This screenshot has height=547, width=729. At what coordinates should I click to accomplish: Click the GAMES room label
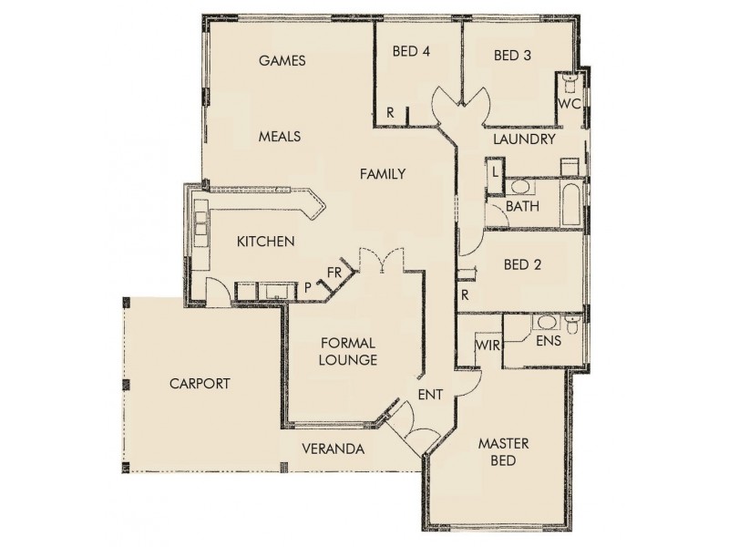pyautogui.click(x=282, y=61)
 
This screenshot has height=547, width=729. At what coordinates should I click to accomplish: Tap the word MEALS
pyautogui.click(x=279, y=136)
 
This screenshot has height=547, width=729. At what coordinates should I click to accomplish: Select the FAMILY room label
pyautogui.click(x=382, y=173)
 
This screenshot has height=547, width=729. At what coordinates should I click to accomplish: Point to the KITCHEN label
pyautogui.click(x=265, y=242)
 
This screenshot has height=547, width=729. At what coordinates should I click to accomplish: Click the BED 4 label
pyautogui.click(x=411, y=52)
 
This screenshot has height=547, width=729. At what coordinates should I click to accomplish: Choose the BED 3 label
pyautogui.click(x=512, y=56)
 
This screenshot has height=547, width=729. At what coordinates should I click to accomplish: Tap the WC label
pyautogui.click(x=570, y=104)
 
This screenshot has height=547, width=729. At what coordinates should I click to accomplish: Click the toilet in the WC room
pyautogui.click(x=570, y=84)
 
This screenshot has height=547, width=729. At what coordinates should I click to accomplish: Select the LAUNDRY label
pyautogui.click(x=524, y=139)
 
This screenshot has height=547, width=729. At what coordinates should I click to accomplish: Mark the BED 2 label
pyautogui.click(x=523, y=265)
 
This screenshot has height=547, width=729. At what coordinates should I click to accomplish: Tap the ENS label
pyautogui.click(x=548, y=342)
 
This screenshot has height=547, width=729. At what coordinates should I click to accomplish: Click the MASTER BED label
pyautogui.click(x=498, y=452)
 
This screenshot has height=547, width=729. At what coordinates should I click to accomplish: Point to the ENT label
pyautogui.click(x=430, y=394)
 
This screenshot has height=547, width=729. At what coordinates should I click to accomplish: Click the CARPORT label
pyautogui.click(x=200, y=384)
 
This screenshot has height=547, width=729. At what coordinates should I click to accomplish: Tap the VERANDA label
pyautogui.click(x=334, y=449)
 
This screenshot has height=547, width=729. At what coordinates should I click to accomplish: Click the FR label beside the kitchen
pyautogui.click(x=334, y=272)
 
